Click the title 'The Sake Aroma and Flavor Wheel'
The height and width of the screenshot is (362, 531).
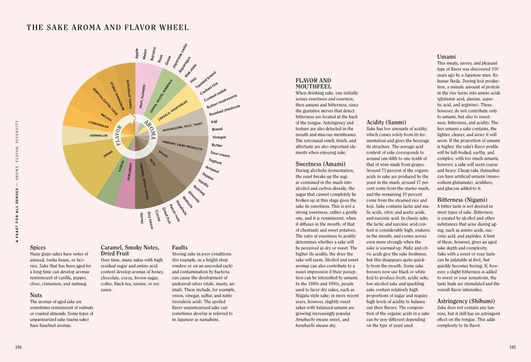tap(107, 27)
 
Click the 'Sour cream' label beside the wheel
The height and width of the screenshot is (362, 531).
tap(220, 154)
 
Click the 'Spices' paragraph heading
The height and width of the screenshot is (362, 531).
tap(38, 247)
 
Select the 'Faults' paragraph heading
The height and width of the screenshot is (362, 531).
tap(179, 247)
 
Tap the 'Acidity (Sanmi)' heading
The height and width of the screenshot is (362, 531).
tap(386, 123)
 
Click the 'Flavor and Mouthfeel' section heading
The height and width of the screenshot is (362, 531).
tap(313, 83)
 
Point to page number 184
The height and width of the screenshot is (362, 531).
tap(19, 346)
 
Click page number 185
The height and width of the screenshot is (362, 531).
tap(512, 346)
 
